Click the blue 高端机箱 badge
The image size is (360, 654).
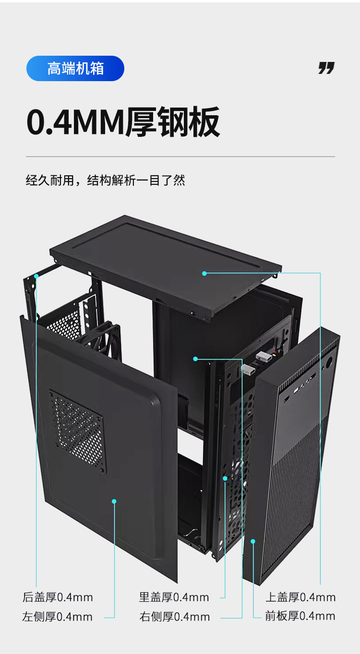[75, 69]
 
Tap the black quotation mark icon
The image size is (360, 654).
[326, 68]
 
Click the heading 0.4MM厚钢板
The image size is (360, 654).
[123, 122]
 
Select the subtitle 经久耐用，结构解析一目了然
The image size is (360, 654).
[105, 181]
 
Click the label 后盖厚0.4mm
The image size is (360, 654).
[58, 597]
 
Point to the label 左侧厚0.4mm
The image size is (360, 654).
[57, 617]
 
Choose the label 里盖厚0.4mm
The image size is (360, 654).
[174, 597]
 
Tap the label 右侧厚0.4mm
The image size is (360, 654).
[175, 617]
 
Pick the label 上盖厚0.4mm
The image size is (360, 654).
[300, 597]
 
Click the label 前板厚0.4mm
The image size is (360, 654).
[300, 616]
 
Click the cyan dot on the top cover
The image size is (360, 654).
[204, 273]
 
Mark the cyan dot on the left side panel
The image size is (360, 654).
[114, 501]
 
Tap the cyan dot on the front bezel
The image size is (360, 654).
[253, 541]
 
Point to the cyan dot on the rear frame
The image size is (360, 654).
[36, 276]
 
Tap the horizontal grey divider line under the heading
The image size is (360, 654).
[180, 157]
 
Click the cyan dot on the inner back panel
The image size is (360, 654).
[195, 359]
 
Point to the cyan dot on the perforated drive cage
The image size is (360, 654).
[225, 478]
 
